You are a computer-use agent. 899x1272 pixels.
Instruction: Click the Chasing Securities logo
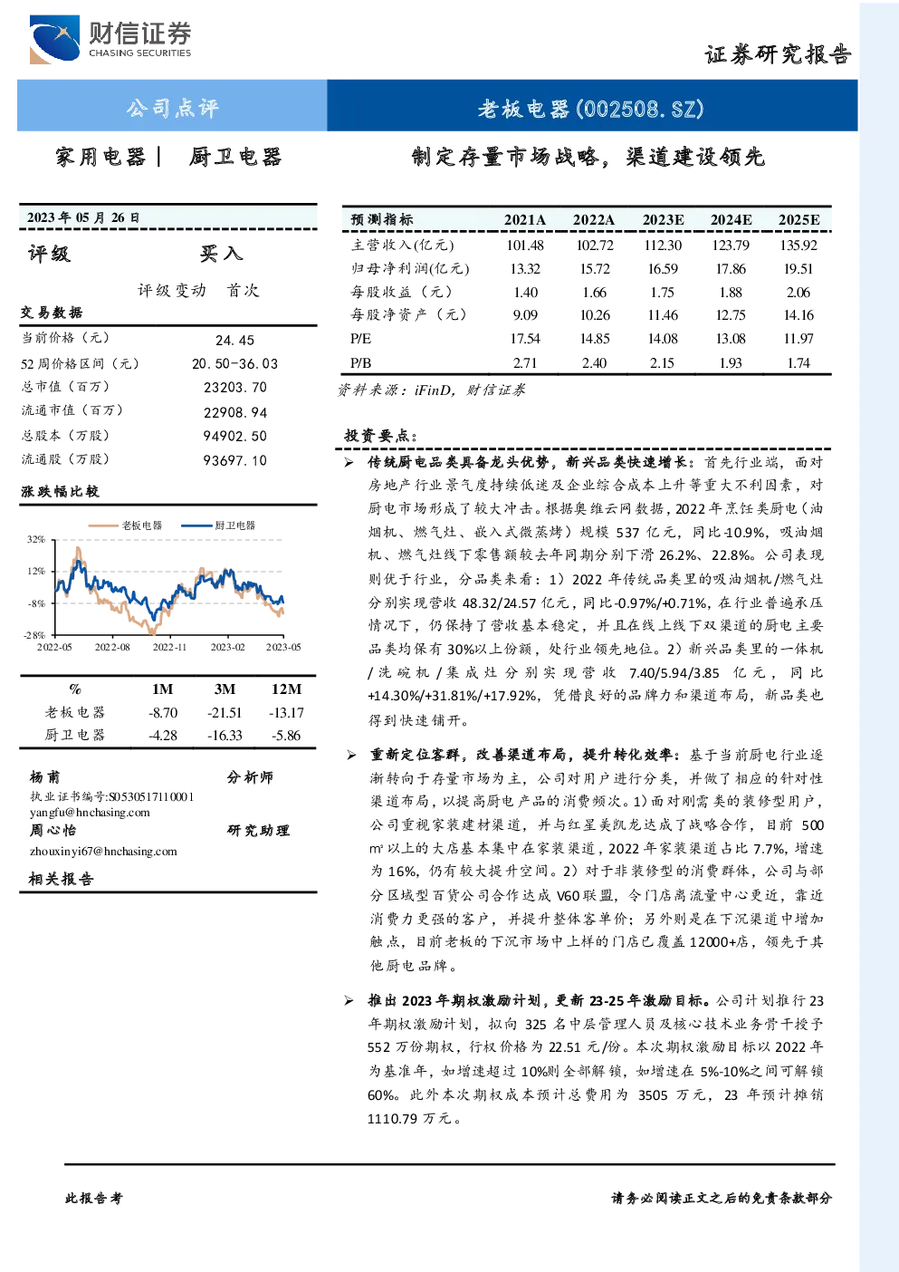click(x=110, y=39)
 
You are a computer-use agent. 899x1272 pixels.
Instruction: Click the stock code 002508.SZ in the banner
click(x=640, y=108)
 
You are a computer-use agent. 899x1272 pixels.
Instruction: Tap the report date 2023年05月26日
click(x=83, y=217)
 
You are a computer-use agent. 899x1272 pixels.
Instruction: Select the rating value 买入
click(x=221, y=254)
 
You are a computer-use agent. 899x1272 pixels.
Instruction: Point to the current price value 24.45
click(x=234, y=340)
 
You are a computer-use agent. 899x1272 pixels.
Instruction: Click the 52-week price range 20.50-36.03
click(x=234, y=364)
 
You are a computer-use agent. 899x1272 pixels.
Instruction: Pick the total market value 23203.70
click(x=235, y=387)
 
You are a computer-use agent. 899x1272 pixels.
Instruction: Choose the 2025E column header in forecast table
click(x=799, y=220)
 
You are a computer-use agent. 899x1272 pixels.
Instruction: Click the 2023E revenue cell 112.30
click(x=663, y=246)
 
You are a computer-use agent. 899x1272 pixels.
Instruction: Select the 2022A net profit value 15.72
click(x=594, y=268)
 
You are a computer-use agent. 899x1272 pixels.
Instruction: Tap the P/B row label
click(x=361, y=363)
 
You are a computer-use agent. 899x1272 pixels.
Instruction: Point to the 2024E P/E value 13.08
click(x=731, y=339)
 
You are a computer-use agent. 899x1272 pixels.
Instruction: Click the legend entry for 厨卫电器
click(x=218, y=525)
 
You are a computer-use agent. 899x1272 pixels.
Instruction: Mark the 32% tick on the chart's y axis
click(x=36, y=539)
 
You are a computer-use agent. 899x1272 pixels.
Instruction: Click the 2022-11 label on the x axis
click(x=169, y=647)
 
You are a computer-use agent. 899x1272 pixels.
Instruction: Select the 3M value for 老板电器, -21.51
click(x=225, y=713)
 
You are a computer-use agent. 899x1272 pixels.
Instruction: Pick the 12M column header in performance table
click(x=286, y=689)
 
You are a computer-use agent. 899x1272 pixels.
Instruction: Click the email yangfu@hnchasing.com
click(x=90, y=813)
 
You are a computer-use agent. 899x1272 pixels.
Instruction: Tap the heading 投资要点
click(x=381, y=436)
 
